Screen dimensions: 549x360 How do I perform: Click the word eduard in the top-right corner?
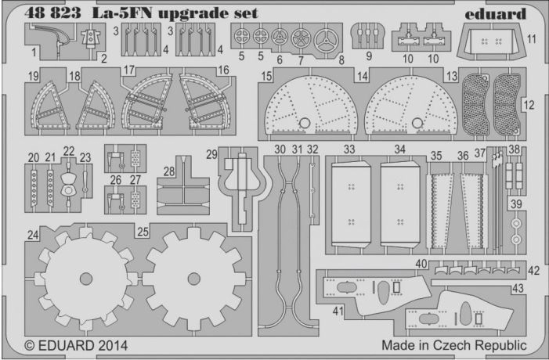(x=496, y=13)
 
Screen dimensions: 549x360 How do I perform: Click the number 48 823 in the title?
(x=52, y=13)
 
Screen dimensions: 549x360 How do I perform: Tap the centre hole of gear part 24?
(x=86, y=279)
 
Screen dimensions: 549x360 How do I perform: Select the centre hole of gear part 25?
(x=194, y=279)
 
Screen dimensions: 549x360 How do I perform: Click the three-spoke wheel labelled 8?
(x=327, y=41)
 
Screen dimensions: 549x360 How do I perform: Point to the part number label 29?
(x=211, y=154)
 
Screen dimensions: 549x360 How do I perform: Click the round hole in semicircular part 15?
(x=305, y=123)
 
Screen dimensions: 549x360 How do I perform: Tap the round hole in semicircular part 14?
(x=417, y=123)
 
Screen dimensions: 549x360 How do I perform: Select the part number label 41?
(x=338, y=311)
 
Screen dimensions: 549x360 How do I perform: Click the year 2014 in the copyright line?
(x=113, y=346)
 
